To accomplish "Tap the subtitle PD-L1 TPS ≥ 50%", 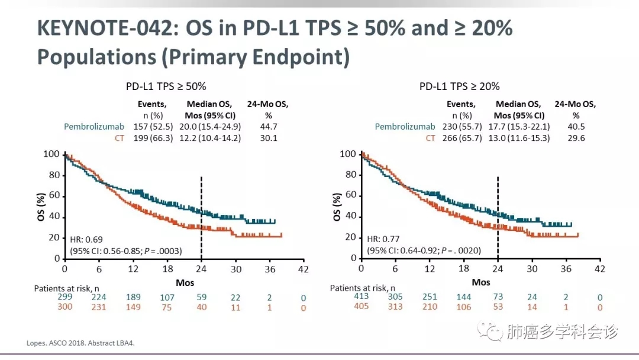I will (x=166, y=86).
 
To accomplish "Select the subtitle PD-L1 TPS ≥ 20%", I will (x=460, y=86).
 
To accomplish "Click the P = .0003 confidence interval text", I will (x=126, y=250).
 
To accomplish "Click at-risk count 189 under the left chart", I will (x=134, y=297).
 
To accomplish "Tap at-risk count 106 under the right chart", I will (x=464, y=307).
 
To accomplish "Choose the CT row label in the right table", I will (x=430, y=138).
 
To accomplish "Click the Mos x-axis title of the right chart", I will (x=480, y=282).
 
